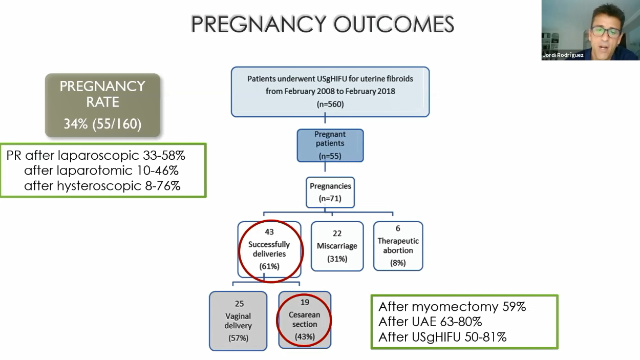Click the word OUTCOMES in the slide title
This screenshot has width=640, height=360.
(394, 24)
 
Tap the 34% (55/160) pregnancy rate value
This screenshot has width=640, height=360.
(102, 124)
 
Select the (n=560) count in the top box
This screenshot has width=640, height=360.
(330, 104)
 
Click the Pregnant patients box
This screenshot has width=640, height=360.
(330, 145)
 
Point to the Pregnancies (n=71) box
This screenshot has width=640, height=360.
(330, 192)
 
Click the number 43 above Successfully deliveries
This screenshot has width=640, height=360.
(269, 231)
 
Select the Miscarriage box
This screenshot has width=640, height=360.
(337, 246)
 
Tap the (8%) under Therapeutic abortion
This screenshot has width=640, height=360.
(398, 263)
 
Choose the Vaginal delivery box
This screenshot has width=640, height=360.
(238, 321)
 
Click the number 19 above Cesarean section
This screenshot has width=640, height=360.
(305, 302)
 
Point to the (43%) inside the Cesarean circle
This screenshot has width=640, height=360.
(305, 336)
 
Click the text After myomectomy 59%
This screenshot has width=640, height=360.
(452, 307)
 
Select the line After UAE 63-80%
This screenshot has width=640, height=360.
(430, 322)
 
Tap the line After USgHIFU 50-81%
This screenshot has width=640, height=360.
(442, 337)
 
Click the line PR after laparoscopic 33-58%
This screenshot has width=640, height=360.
(96, 156)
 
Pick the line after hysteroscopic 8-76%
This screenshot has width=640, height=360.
(102, 186)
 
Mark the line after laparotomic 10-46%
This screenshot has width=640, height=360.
(101, 171)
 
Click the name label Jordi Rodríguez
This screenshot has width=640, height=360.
(563, 55)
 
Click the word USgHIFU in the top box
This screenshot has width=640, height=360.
(331, 79)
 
